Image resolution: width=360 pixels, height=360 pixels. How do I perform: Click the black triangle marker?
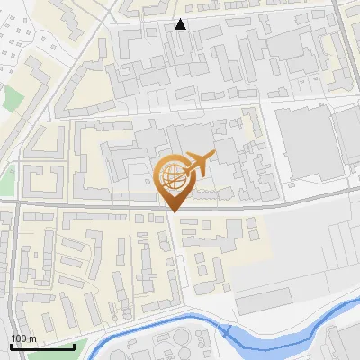pyautogui.click(x=181, y=24)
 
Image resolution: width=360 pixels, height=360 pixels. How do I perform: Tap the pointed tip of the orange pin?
pyautogui.click(x=174, y=211)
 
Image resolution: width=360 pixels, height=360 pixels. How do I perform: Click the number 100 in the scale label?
pyautogui.click(x=19, y=337)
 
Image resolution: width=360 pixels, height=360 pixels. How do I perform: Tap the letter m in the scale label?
pyautogui.click(x=31, y=337)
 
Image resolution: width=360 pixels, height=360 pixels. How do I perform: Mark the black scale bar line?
pyautogui.click(x=41, y=346)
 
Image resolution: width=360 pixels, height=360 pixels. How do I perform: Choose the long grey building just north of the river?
pyautogui.click(x=265, y=301)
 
